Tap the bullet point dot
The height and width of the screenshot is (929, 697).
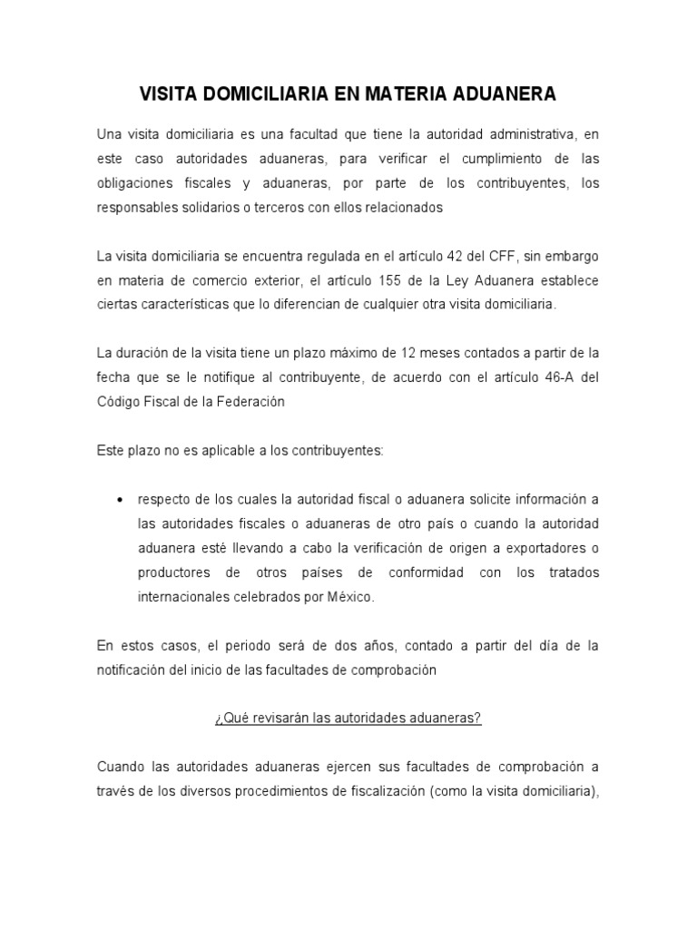click(x=122, y=501)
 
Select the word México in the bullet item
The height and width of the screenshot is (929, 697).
click(x=350, y=598)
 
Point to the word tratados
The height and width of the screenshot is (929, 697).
click(x=572, y=573)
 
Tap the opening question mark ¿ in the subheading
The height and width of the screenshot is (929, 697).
click(x=218, y=719)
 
